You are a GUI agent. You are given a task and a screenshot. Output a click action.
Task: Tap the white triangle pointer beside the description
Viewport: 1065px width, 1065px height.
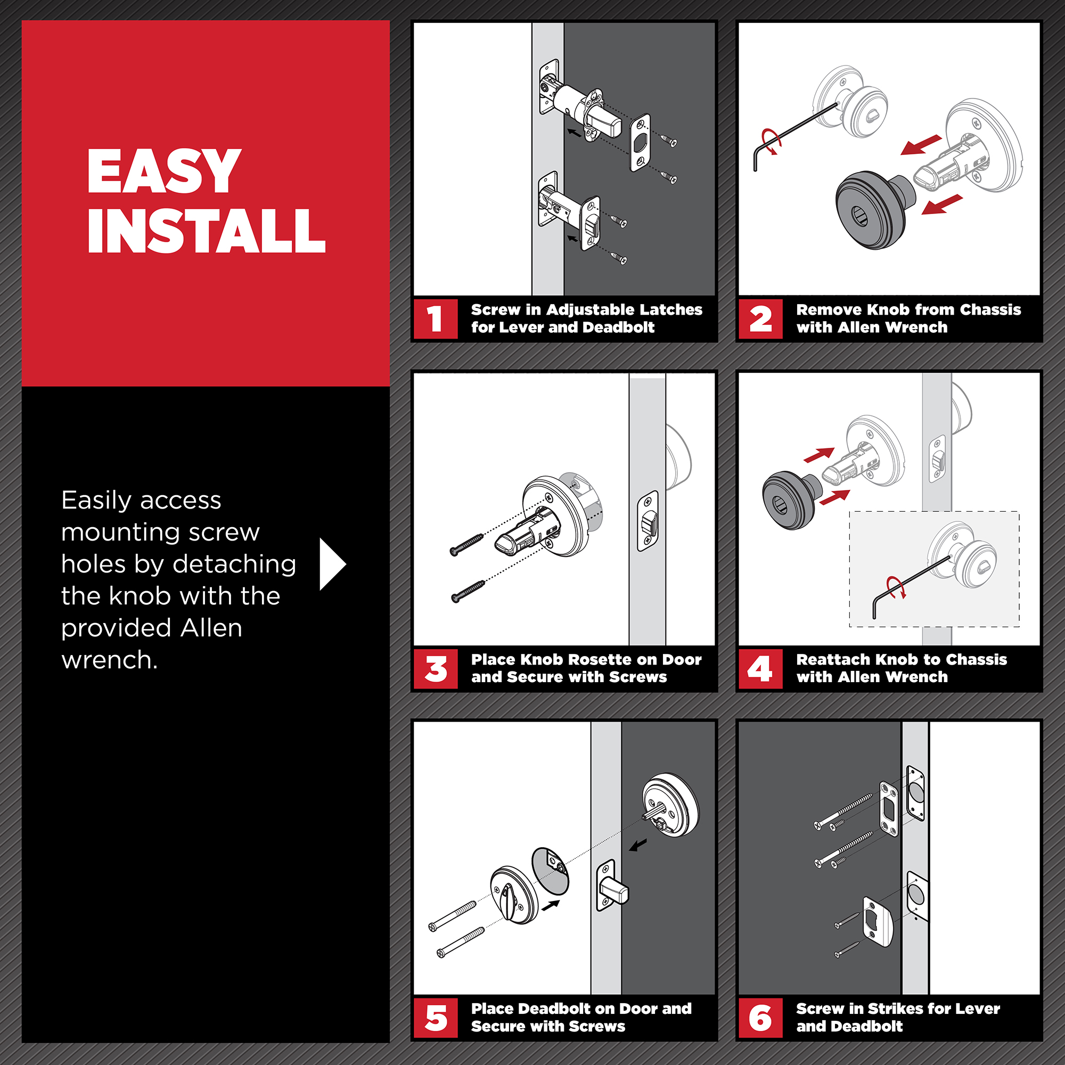tap(332, 564)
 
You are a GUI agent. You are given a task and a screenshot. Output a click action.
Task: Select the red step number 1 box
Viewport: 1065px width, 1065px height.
tap(436, 318)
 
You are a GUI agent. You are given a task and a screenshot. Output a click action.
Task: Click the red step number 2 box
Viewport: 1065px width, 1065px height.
tap(760, 318)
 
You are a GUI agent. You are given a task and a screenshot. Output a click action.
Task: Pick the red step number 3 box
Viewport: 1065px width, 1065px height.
tap(436, 669)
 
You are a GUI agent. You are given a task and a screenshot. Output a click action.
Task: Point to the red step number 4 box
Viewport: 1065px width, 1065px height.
tap(760, 669)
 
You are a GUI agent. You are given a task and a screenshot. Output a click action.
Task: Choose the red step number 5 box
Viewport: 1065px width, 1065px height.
tap(436, 1018)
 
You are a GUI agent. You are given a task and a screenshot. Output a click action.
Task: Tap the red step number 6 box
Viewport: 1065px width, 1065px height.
tap(760, 1018)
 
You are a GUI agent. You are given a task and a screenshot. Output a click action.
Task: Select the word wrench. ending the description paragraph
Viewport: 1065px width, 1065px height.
tap(110, 660)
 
